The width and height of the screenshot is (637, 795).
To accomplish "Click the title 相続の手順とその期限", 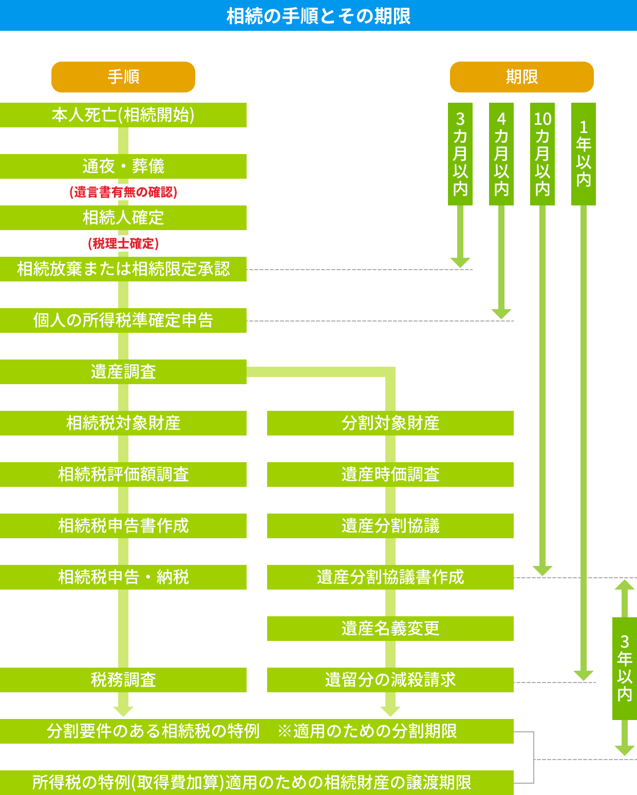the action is click(x=318, y=16).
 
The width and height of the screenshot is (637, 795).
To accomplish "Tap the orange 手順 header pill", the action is click(x=123, y=77).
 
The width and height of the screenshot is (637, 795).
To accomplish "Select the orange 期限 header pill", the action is click(x=522, y=77).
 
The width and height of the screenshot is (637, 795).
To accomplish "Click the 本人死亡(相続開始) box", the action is click(x=123, y=115).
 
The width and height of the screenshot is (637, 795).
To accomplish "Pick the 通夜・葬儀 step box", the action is click(x=123, y=166).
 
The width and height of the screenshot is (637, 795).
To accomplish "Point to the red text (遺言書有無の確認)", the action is click(x=123, y=192).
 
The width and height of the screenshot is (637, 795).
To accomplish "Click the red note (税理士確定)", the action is click(x=123, y=243).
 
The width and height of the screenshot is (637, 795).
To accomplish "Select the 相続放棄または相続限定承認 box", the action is click(x=123, y=269).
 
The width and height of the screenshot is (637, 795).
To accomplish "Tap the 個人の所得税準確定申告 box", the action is click(x=123, y=320).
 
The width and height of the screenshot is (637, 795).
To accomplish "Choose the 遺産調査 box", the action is click(x=123, y=372).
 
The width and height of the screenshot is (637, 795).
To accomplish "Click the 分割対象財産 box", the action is click(x=390, y=423).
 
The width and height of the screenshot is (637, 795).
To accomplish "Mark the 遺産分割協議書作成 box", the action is click(x=390, y=577).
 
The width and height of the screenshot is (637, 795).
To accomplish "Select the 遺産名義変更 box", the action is click(x=390, y=629).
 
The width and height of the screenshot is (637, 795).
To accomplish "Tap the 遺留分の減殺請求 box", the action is click(x=390, y=680).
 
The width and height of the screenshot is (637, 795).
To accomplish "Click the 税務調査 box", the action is click(x=123, y=680).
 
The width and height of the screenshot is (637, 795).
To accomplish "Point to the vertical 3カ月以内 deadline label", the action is click(x=460, y=154).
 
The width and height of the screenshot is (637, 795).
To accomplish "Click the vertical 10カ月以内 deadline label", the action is click(x=542, y=154).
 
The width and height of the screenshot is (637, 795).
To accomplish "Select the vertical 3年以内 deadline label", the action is click(x=625, y=669).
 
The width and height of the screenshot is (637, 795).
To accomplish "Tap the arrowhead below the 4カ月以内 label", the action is click(x=501, y=314).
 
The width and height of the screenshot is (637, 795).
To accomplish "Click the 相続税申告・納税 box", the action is click(x=123, y=577).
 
